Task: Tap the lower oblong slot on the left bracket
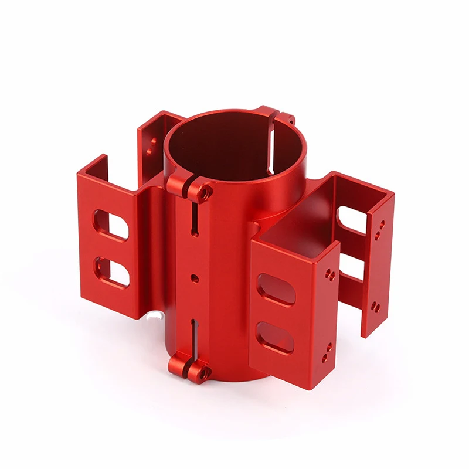pyautogui.click(x=111, y=272)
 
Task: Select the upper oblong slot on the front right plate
pyautogui.click(x=276, y=288)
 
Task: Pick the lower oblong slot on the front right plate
pyautogui.click(x=275, y=337)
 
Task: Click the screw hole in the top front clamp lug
pyautogui.click(x=203, y=191)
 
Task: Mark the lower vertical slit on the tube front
pyautogui.click(x=193, y=337)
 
